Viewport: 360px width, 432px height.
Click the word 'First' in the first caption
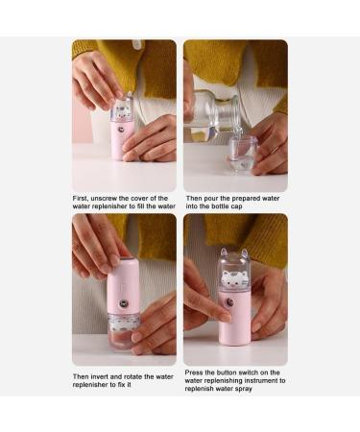[x=83, y=198]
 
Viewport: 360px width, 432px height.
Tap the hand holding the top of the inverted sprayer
[x=94, y=244]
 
